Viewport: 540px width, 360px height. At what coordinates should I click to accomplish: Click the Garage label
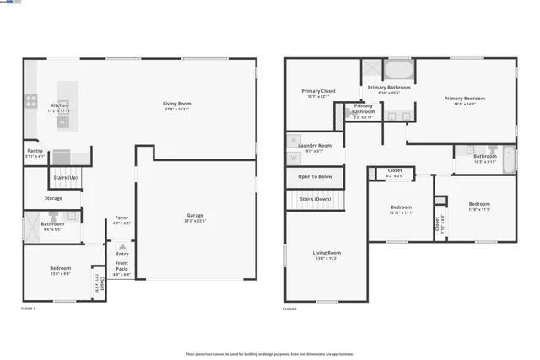coord(195,215)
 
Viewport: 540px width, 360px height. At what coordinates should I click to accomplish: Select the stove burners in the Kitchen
coord(30,101)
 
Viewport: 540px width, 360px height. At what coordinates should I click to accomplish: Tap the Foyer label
coord(122,218)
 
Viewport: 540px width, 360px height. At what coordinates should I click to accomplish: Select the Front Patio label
coord(122,266)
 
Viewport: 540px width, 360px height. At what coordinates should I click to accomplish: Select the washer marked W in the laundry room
coord(294,157)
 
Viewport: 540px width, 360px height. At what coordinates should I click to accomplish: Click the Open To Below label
coord(315,176)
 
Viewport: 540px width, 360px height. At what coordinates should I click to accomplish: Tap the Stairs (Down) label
coord(315,199)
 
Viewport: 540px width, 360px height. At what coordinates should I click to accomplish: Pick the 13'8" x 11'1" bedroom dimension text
coord(479,209)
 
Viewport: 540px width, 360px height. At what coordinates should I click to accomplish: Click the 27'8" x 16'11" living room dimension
coord(176,110)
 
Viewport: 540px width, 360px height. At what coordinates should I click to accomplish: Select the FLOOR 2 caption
coord(289,309)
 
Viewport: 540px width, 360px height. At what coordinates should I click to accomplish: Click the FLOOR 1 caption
coord(29,309)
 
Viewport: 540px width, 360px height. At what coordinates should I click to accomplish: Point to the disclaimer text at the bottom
coord(269,353)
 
